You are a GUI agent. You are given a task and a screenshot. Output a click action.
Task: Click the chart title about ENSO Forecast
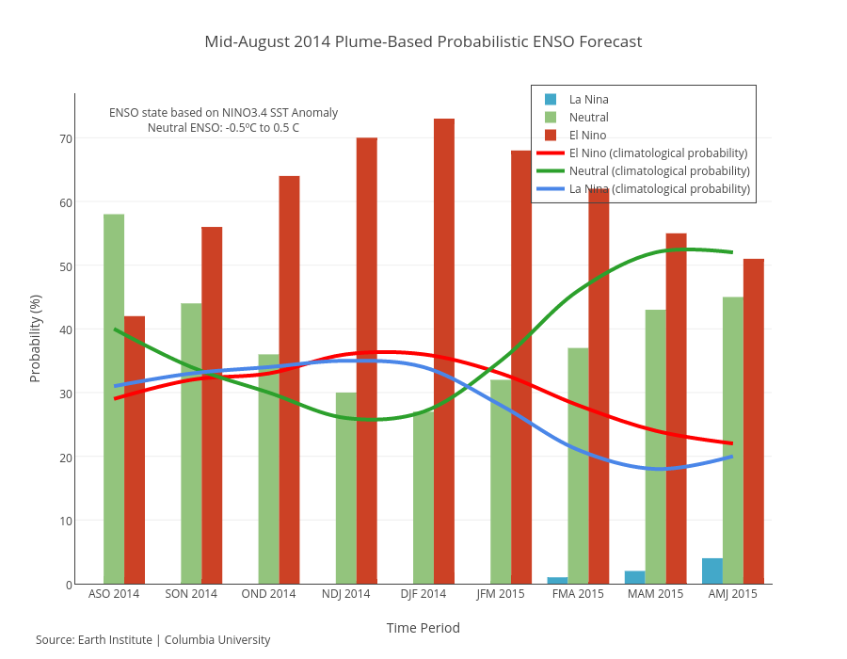[x=423, y=41]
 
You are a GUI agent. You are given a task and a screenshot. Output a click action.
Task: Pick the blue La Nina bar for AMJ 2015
[x=712, y=571]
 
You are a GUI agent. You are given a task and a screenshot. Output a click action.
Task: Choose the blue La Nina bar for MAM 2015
[x=635, y=577]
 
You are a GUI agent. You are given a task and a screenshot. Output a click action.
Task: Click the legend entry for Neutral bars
[x=588, y=117]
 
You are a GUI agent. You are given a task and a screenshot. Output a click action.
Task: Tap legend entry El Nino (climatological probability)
[x=658, y=153]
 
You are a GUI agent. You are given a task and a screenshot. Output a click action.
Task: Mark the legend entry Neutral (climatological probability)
[x=659, y=170]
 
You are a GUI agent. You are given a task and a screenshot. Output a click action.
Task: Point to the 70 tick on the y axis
[x=66, y=138]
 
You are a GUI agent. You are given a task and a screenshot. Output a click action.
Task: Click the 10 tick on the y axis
[x=66, y=521]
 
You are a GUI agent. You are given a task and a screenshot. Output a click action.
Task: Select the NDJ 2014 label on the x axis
[x=346, y=594]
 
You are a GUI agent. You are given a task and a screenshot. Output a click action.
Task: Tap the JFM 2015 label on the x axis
[x=501, y=594]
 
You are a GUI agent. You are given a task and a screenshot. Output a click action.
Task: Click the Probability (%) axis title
[x=36, y=338]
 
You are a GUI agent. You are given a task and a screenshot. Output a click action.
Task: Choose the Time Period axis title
[x=423, y=628]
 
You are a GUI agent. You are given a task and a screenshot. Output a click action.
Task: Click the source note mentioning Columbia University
[x=153, y=640]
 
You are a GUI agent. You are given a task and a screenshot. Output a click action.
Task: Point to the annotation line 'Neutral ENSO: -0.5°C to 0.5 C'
[x=223, y=127]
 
